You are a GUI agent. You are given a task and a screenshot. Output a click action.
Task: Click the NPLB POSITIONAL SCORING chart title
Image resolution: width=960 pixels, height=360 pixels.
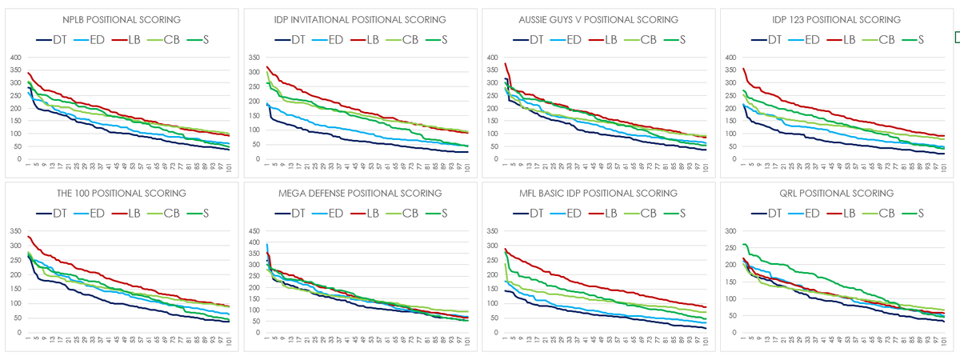[122, 19]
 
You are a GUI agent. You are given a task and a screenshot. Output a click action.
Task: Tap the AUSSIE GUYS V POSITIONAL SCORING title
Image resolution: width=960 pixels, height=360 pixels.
[598, 19]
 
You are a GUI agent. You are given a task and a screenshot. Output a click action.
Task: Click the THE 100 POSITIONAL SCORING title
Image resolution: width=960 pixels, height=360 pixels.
[122, 194]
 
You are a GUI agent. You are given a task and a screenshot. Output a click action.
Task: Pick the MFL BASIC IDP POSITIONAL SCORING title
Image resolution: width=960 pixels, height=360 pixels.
[598, 194]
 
